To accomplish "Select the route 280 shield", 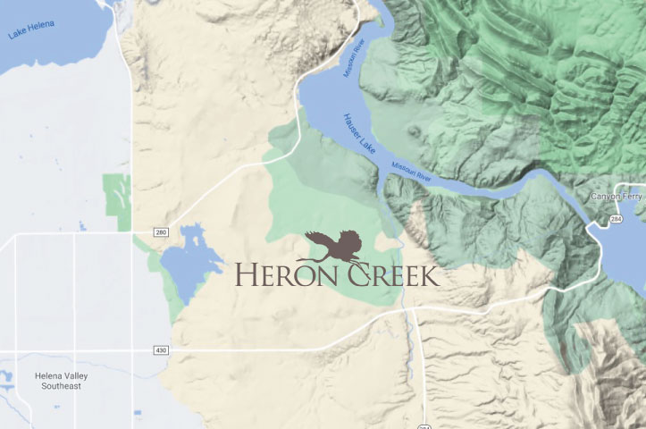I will (161, 233).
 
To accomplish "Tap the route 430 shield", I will (161, 349).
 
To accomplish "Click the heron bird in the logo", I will (332, 245).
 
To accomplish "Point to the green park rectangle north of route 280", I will (117, 195).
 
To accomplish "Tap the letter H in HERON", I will (246, 274).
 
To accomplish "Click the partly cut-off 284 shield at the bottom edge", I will (424, 425).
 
